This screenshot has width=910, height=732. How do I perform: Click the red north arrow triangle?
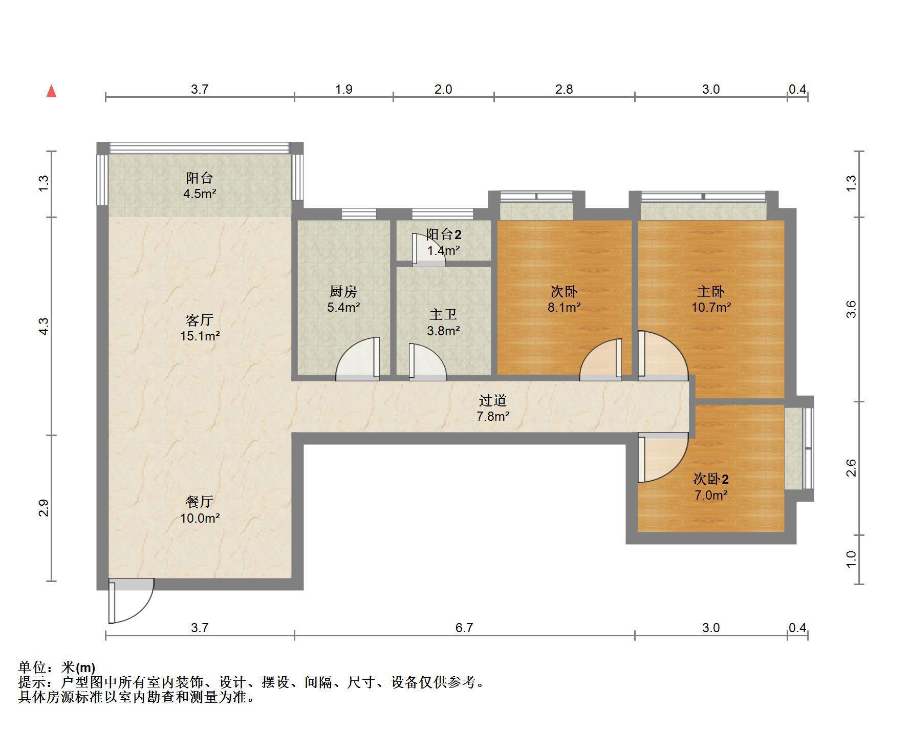pyautogui.click(x=51, y=92)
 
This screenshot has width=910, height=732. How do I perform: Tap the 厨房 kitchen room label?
pyautogui.click(x=343, y=291)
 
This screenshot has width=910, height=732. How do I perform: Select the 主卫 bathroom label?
pyautogui.click(x=443, y=314)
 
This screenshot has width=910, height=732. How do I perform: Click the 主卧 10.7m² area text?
pyautogui.click(x=711, y=308)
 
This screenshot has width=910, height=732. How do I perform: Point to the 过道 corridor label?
pyautogui.click(x=493, y=400)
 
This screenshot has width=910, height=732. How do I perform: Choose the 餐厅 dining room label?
pyautogui.click(x=200, y=502)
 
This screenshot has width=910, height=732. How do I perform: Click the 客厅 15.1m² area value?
pyautogui.click(x=200, y=336)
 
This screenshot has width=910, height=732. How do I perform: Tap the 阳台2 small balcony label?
pyautogui.click(x=444, y=234)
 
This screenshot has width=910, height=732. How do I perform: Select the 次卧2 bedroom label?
pyautogui.click(x=711, y=479)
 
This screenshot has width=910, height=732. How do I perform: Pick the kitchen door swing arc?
pyautogui.click(x=357, y=359)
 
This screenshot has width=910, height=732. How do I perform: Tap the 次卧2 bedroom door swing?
pyautogui.click(x=663, y=458)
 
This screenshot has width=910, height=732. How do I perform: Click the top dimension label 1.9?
pyautogui.click(x=344, y=89)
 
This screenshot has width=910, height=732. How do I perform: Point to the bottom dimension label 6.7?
pyautogui.click(x=464, y=628)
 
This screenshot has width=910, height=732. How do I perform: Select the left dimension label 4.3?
pyautogui.click(x=44, y=327)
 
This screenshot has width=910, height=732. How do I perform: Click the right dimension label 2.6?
pyautogui.click(x=851, y=468)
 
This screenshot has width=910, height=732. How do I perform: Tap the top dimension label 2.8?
pyautogui.click(x=564, y=89)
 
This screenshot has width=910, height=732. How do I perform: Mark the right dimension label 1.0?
pyautogui.click(x=851, y=559)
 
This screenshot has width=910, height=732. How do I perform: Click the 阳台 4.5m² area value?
pyautogui.click(x=200, y=194)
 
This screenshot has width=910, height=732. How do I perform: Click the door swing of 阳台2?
pyautogui.click(x=429, y=250)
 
